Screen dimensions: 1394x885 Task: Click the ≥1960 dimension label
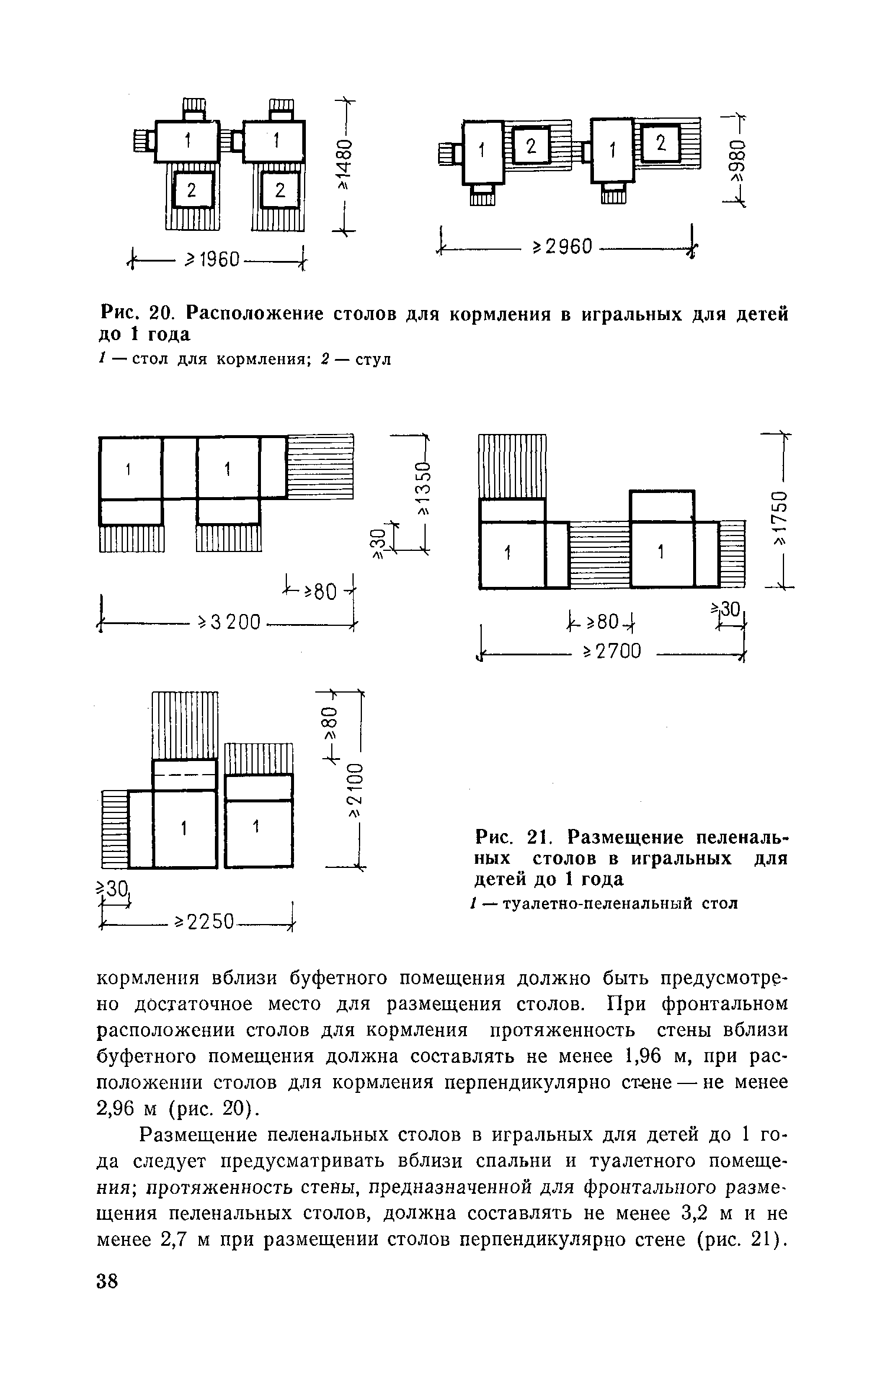click(214, 259)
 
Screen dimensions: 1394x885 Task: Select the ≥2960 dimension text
click(561, 247)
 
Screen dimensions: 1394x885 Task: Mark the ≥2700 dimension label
click(612, 651)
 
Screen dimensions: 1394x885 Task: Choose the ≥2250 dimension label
click(205, 922)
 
